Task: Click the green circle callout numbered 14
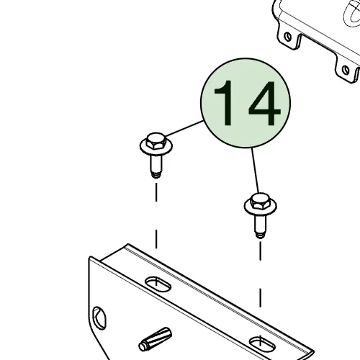click(x=246, y=103)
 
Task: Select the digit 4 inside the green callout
click(x=264, y=104)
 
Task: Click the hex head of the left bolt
click(x=156, y=140)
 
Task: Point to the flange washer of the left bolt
click(x=156, y=147)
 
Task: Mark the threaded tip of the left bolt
click(x=156, y=175)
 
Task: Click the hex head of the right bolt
click(x=260, y=201)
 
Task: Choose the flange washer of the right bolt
click(x=261, y=207)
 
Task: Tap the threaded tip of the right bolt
click(x=261, y=235)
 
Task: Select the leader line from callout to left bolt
click(x=184, y=129)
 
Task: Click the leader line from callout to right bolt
click(x=255, y=171)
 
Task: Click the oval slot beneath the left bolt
click(x=158, y=284)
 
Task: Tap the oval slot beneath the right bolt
click(x=262, y=344)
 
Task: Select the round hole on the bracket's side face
click(x=99, y=318)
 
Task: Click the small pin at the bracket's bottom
click(x=155, y=339)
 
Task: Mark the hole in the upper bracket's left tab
click(x=288, y=37)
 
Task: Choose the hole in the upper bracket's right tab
click(x=346, y=70)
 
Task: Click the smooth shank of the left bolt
click(x=156, y=163)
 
